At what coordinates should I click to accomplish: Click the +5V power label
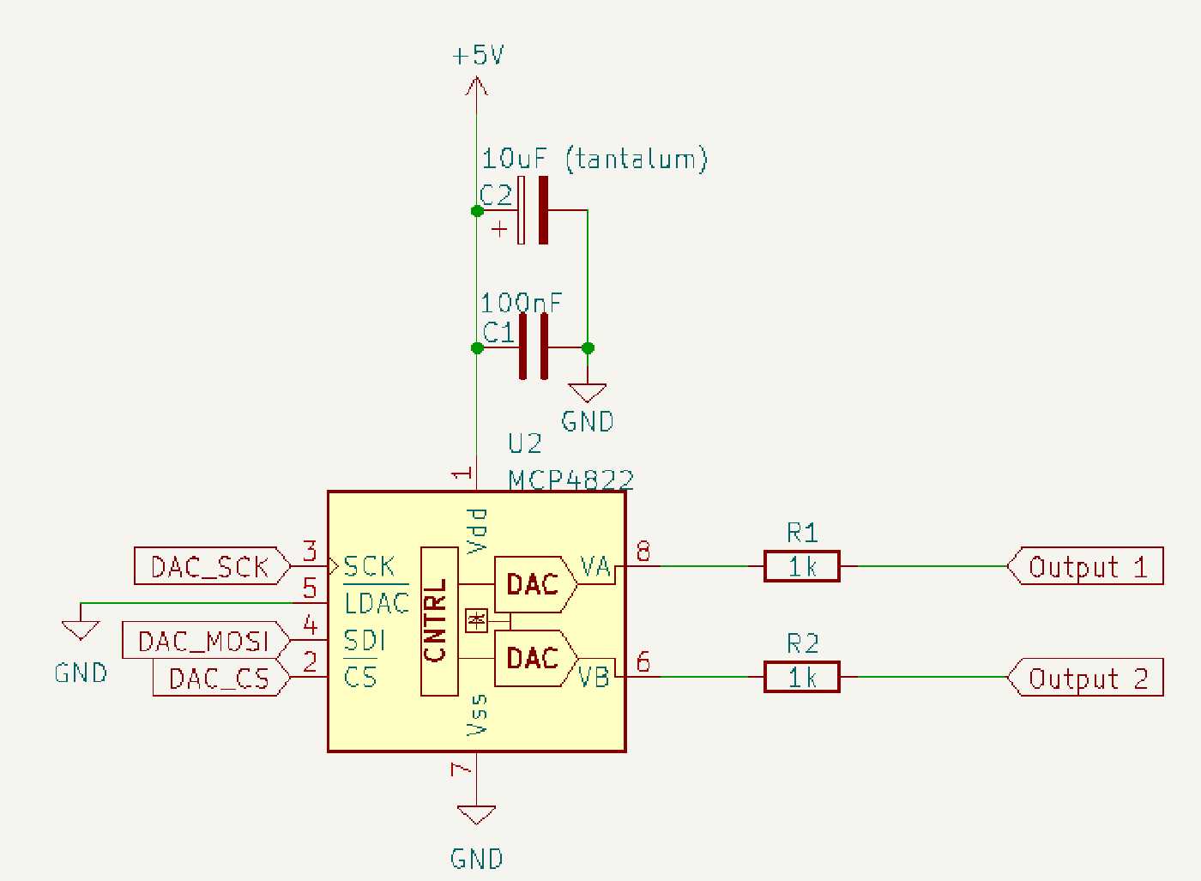(x=478, y=57)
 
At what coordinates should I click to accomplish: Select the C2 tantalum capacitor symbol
(x=533, y=210)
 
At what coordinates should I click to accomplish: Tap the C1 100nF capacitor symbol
(x=533, y=347)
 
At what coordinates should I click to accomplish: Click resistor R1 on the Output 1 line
(x=802, y=567)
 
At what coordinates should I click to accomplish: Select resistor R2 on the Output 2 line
(x=802, y=678)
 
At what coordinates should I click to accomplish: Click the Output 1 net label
(x=1085, y=567)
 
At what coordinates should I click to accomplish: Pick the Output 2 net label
(x=1085, y=678)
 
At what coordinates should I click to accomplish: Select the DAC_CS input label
(x=220, y=679)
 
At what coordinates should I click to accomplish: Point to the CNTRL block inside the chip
(x=438, y=621)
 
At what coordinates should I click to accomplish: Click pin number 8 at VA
(x=643, y=552)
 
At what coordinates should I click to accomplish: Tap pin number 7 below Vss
(x=462, y=769)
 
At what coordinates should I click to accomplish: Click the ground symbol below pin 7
(x=476, y=816)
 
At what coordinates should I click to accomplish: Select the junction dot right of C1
(x=588, y=347)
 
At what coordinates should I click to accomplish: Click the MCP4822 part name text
(x=570, y=480)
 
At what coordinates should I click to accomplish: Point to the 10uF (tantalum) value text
(x=594, y=160)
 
